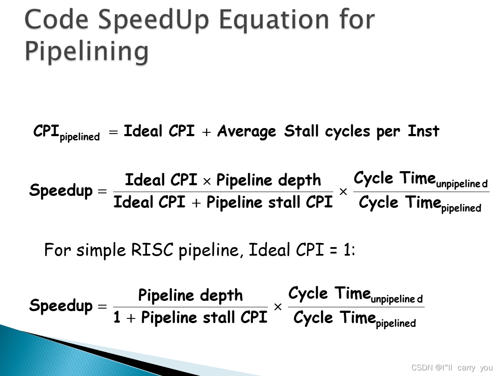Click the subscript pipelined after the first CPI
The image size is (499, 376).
tap(80, 137)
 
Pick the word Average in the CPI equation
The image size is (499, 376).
tap(247, 131)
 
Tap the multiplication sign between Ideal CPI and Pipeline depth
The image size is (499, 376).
tap(207, 181)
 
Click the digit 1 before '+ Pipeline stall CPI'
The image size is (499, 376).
tap(117, 318)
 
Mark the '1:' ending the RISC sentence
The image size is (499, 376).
tap(349, 250)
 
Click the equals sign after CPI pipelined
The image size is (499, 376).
tap(113, 132)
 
